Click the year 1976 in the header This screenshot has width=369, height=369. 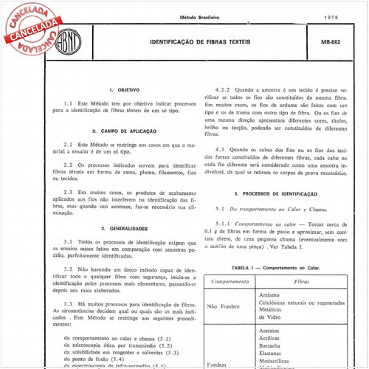coord(331,16)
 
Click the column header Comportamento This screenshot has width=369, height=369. coord(229,281)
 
